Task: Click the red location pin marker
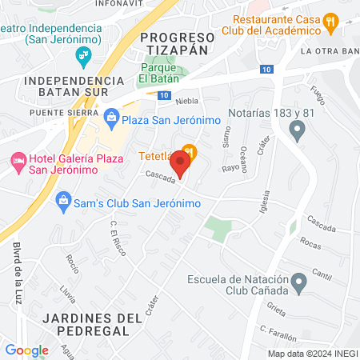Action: click(x=181, y=163)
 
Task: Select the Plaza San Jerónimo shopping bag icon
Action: click(x=112, y=119)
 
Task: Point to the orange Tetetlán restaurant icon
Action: click(x=189, y=150)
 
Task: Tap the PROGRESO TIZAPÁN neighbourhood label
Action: click(x=177, y=43)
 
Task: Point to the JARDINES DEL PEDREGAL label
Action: click(x=85, y=310)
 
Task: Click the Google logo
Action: click(x=26, y=350)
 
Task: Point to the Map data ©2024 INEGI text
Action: click(x=311, y=354)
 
